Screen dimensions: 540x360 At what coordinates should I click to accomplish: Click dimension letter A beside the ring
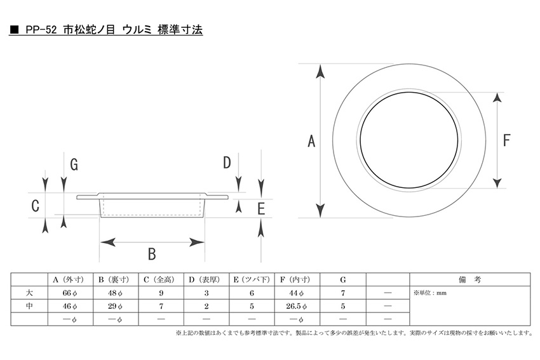[x=311, y=141]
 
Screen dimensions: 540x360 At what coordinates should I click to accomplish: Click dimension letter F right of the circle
[x=506, y=140]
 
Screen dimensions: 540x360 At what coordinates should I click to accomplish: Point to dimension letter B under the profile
[x=152, y=254]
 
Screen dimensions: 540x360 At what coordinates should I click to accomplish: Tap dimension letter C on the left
[x=35, y=206]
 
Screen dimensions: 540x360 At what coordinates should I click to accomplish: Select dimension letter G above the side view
[x=74, y=164]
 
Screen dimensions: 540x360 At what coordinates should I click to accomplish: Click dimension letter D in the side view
[x=227, y=163]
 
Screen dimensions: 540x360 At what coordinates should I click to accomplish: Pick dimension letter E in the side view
[x=261, y=209]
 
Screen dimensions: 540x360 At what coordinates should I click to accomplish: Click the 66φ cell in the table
[x=70, y=293]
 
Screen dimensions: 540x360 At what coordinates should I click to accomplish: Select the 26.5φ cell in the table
[x=297, y=306]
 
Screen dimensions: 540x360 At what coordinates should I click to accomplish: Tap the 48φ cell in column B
[x=116, y=293]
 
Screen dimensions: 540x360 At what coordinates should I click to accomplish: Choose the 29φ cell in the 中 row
[x=116, y=306]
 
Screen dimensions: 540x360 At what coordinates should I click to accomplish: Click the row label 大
[x=29, y=293]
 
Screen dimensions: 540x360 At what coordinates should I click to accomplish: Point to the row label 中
[x=29, y=306]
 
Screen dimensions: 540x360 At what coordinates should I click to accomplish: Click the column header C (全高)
[x=161, y=280]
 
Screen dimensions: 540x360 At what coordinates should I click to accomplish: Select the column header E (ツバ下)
[x=252, y=280]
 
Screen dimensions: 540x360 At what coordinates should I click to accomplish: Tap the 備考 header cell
[x=469, y=280]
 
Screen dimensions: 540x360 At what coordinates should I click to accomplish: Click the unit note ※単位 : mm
[x=430, y=293]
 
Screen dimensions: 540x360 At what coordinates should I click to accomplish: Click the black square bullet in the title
[x=14, y=30]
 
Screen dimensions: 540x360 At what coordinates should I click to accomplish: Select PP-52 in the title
[x=41, y=30]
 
